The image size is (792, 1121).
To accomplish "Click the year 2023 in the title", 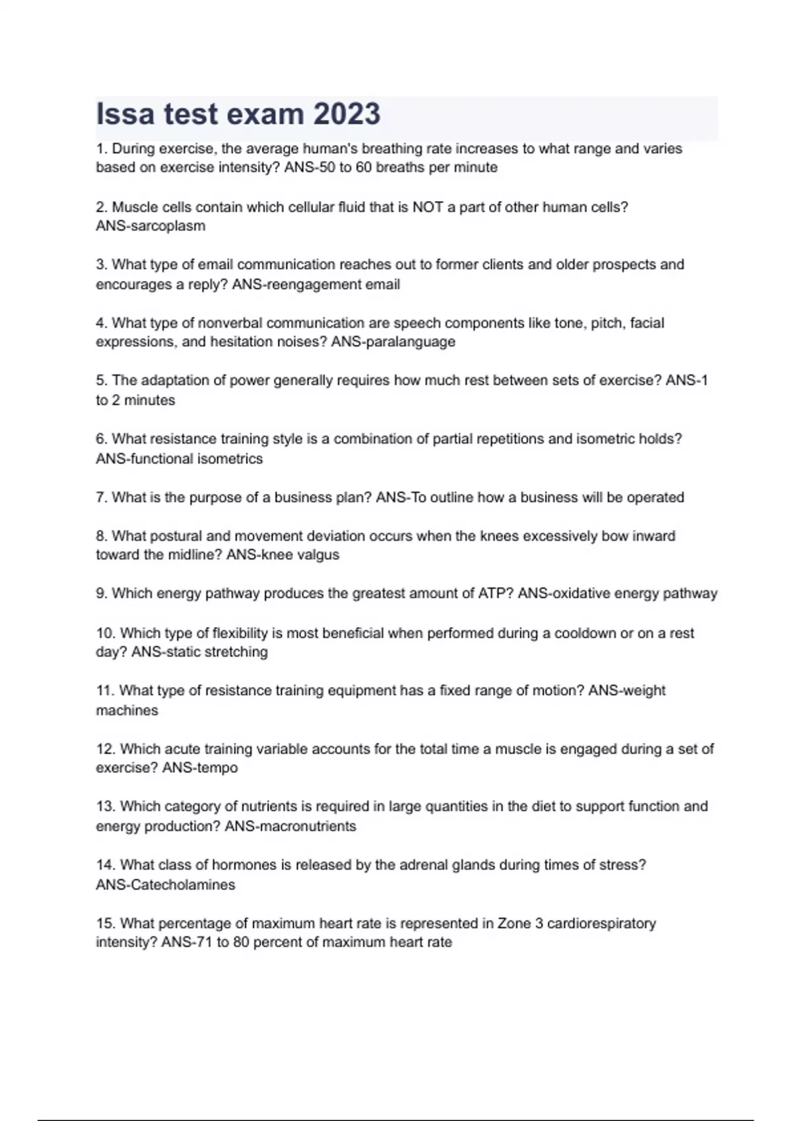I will [x=346, y=114].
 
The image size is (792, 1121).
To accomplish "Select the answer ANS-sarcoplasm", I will [x=150, y=226].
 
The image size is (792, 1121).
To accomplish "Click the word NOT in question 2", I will [x=428, y=207].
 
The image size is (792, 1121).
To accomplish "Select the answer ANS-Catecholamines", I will [x=165, y=885].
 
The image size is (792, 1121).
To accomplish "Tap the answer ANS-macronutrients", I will [x=290, y=826].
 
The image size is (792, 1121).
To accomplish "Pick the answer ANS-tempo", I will [x=200, y=768].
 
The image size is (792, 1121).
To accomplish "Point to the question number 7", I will [x=102, y=498].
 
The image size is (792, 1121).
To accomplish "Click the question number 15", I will [x=106, y=923].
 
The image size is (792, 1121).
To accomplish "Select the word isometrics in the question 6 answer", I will [x=227, y=459].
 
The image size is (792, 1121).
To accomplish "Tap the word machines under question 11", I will [x=127, y=711].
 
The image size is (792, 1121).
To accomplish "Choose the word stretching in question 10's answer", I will [x=235, y=652].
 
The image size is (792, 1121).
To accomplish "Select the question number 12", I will [x=106, y=749].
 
